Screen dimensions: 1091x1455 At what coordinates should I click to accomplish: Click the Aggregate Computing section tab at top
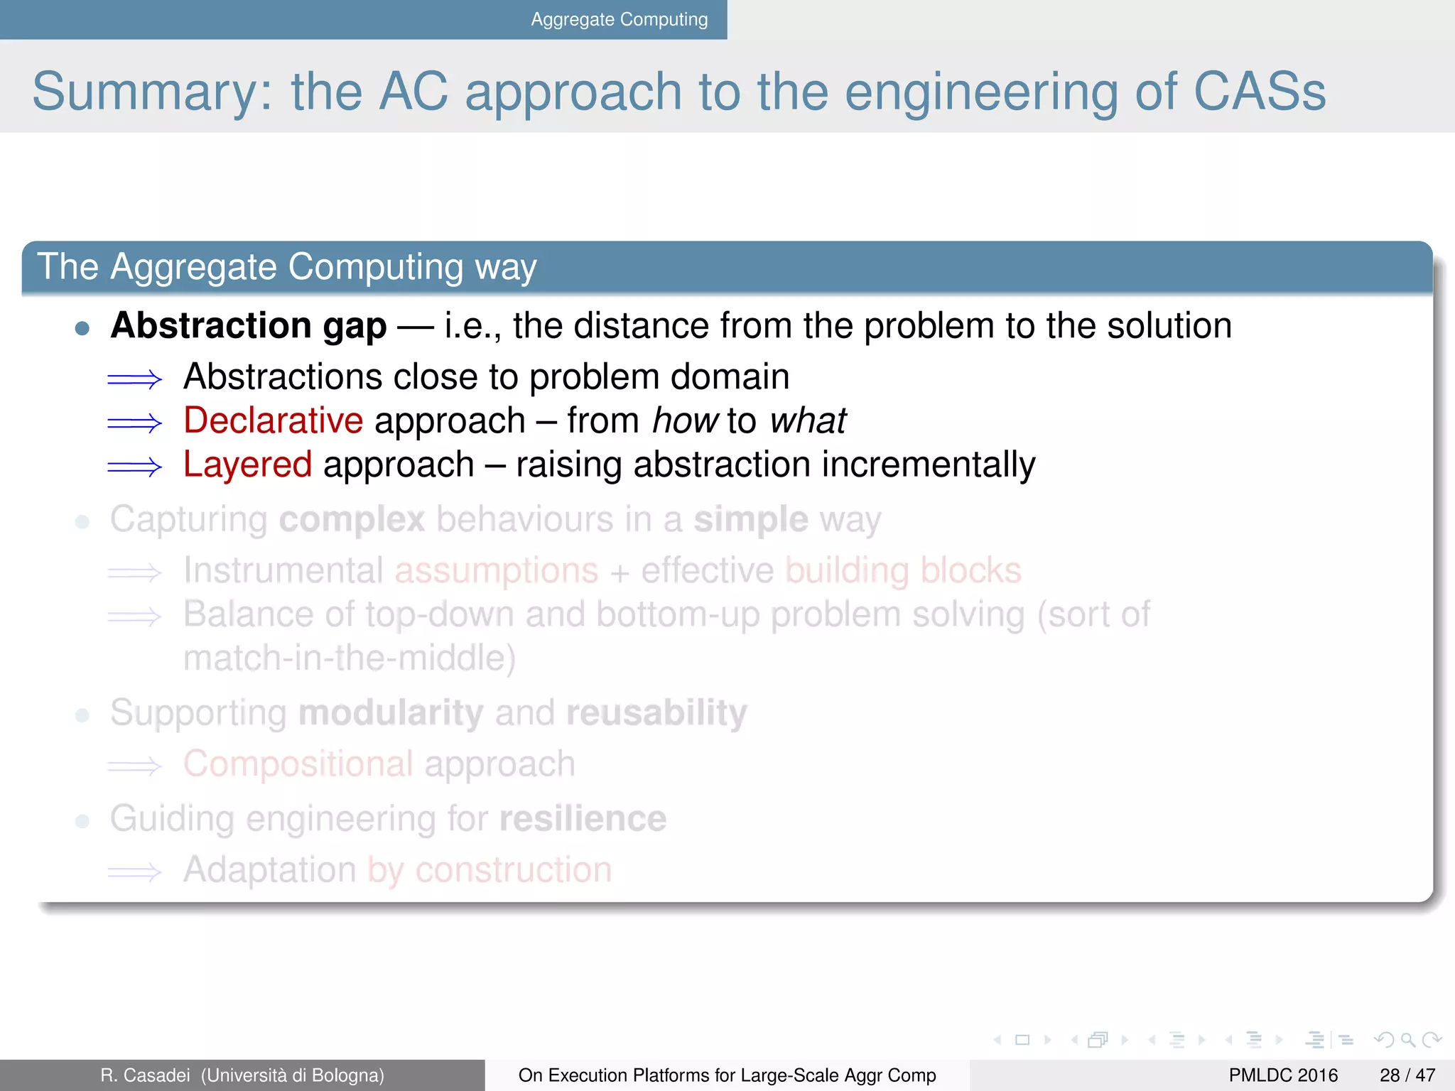[x=619, y=19]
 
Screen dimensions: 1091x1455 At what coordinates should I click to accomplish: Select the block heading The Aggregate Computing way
[x=286, y=267]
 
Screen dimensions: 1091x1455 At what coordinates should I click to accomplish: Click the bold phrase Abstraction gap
[x=249, y=326]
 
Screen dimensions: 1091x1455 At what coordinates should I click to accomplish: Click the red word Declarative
[x=273, y=420]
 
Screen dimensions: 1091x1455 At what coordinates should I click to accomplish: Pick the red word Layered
[x=247, y=465]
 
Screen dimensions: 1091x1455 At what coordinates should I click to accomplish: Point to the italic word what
[x=808, y=420]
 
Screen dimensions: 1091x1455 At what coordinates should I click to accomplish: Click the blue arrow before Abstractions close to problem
[x=134, y=379]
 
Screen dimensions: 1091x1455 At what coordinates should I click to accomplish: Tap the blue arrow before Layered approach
[x=134, y=467]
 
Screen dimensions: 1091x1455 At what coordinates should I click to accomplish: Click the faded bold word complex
[x=352, y=519]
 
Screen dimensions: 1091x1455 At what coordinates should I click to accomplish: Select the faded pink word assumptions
[x=496, y=571]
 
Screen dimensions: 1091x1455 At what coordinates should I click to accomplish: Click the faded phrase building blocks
[x=903, y=570]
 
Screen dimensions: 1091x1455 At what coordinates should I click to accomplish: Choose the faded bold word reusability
[x=656, y=712]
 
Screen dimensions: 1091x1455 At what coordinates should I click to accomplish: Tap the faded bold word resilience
[x=583, y=819]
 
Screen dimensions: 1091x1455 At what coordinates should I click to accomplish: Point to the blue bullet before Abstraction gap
[x=82, y=328]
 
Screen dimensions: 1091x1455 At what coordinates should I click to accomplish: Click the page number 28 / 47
[x=1407, y=1075]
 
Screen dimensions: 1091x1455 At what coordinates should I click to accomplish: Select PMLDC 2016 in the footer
[x=1282, y=1075]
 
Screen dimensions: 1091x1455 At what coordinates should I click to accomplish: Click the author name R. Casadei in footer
[x=145, y=1075]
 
